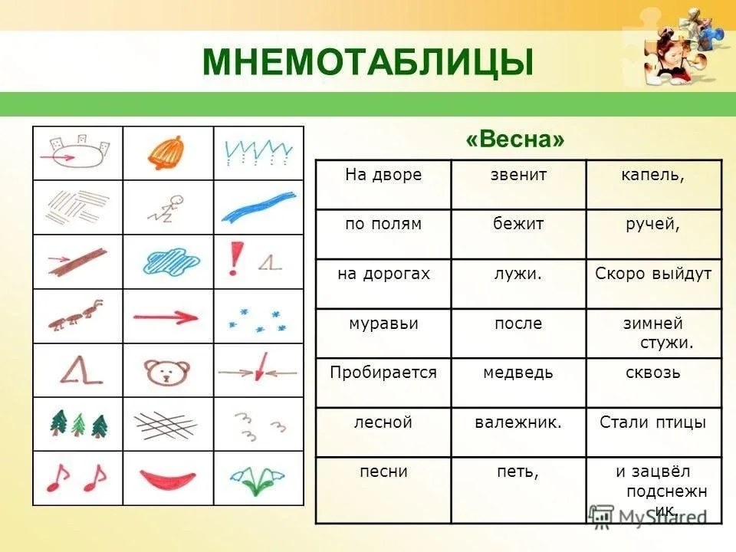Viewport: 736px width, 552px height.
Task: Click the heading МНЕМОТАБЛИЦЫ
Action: pos(367,61)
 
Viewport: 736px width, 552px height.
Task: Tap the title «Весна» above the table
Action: pos(515,139)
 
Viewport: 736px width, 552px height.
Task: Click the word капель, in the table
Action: pos(653,175)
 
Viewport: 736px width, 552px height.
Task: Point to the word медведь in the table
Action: pos(518,373)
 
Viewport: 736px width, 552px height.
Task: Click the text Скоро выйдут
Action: pos(653,274)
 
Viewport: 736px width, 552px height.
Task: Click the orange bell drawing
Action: pos(166,153)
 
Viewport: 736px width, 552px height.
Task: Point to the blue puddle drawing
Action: pos(171,261)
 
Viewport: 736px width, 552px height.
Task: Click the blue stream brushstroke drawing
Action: pos(258,206)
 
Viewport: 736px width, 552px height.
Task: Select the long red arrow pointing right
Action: pos(166,317)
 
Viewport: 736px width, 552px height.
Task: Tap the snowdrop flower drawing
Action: pos(257,480)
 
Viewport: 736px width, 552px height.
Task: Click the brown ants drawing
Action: pos(77,315)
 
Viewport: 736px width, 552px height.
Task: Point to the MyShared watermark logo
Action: pos(648,517)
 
